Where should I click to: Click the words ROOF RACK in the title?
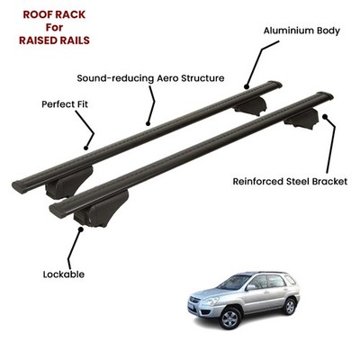point(54,14)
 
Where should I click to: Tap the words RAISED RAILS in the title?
point(54,40)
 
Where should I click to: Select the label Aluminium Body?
point(301,31)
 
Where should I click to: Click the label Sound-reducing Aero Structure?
point(150,78)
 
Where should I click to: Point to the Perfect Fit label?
point(65,104)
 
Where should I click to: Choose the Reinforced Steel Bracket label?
point(290,182)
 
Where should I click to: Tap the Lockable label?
point(64,274)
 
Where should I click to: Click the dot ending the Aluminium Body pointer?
point(247,87)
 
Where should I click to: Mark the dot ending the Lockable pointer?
point(80,229)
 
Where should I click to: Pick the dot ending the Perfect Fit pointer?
point(86,148)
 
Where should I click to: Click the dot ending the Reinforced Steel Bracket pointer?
point(324,117)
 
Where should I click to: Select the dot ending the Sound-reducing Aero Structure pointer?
point(148,123)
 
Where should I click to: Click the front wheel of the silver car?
point(230,319)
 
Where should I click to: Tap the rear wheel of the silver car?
point(290,307)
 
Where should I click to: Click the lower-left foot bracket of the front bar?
point(101,209)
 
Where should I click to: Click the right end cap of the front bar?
point(326,96)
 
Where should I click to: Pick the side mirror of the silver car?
point(250,287)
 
